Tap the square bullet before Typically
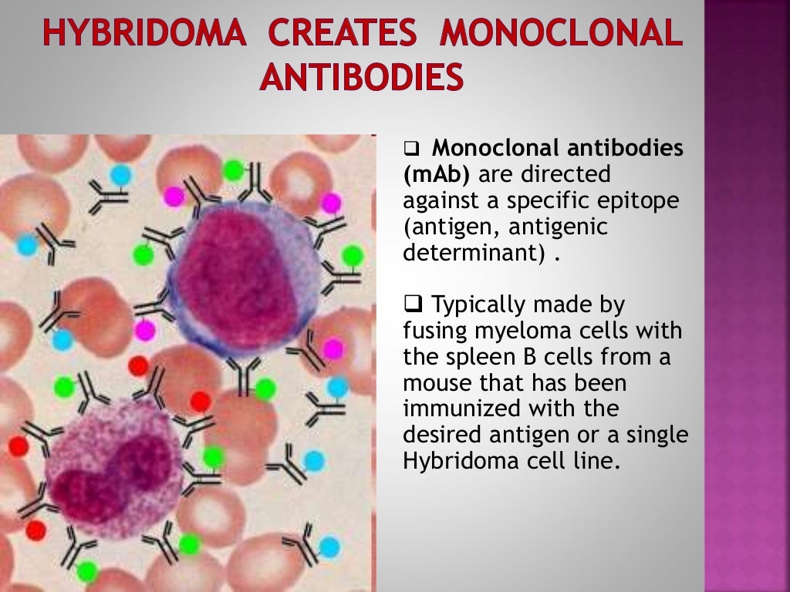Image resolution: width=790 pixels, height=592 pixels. coord(412,305)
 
